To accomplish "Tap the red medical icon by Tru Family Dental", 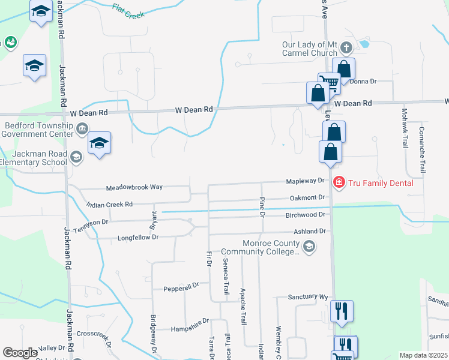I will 339,182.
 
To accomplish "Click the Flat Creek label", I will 128,11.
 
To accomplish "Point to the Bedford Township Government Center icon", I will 82,128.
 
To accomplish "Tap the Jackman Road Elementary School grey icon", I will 76,157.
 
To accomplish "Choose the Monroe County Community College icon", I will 309,246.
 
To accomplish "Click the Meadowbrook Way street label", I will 134,187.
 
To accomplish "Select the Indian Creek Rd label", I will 109,205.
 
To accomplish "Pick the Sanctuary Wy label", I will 308,297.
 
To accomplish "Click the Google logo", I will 20,353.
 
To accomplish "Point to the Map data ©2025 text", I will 423,355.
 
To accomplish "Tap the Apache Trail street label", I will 243,307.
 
